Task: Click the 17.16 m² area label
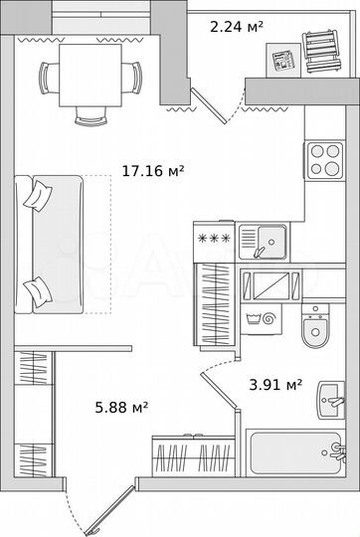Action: pyautogui.click(x=152, y=172)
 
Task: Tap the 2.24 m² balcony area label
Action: pyautogui.click(x=236, y=28)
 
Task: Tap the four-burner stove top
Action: pyautogui.click(x=323, y=157)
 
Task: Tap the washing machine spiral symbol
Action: pyautogui.click(x=268, y=319)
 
